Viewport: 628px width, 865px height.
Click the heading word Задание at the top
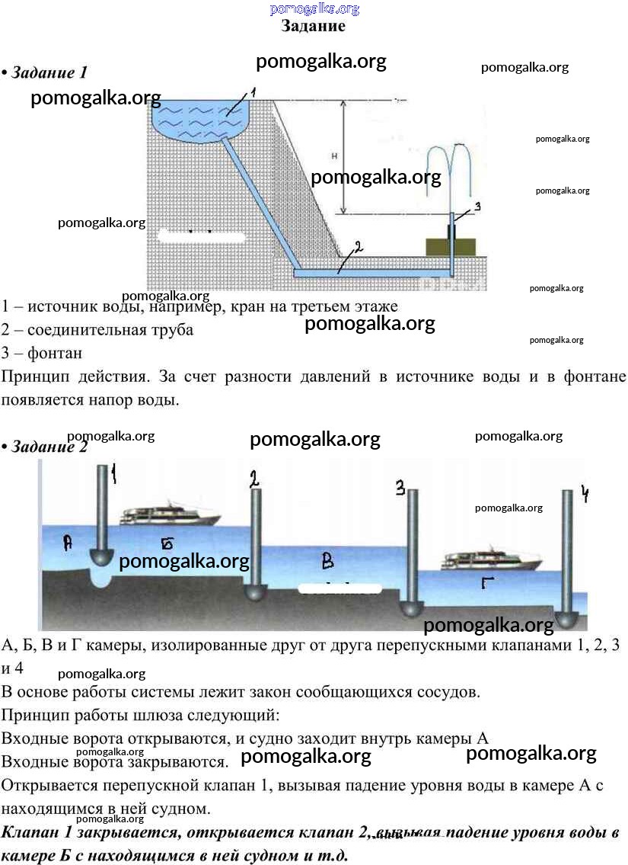(313, 26)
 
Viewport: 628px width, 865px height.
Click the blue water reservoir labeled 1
(201, 118)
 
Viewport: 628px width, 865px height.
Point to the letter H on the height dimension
(334, 157)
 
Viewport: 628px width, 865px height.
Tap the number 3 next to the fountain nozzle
(477, 207)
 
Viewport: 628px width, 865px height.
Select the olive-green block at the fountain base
(450, 247)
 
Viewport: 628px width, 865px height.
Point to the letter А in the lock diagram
(68, 543)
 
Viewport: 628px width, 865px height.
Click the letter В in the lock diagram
(328, 562)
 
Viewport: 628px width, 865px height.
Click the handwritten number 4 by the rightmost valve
(585, 494)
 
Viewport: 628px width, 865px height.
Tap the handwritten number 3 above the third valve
(400, 489)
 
